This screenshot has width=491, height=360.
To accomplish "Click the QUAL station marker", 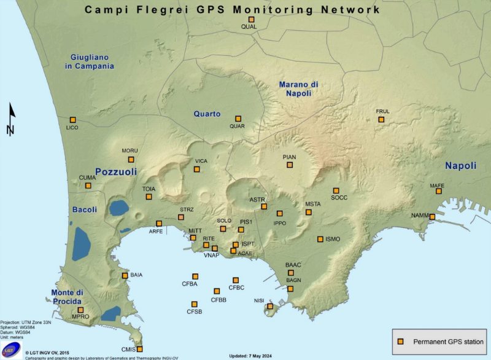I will (250, 20).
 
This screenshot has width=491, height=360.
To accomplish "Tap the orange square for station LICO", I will (72, 120).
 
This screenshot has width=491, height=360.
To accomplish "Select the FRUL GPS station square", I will (381, 119).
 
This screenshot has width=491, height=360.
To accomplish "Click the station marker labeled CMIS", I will (139, 349).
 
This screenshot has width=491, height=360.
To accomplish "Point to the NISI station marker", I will (269, 306).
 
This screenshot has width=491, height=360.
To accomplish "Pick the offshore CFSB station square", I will (195, 304).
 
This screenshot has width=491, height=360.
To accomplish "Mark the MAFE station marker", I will (439, 192).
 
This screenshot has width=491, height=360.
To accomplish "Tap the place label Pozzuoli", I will (116, 171).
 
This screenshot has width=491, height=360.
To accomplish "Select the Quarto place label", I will (207, 114).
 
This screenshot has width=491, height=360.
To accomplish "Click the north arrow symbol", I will (10, 120).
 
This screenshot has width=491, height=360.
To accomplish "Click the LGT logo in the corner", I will (11, 349).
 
